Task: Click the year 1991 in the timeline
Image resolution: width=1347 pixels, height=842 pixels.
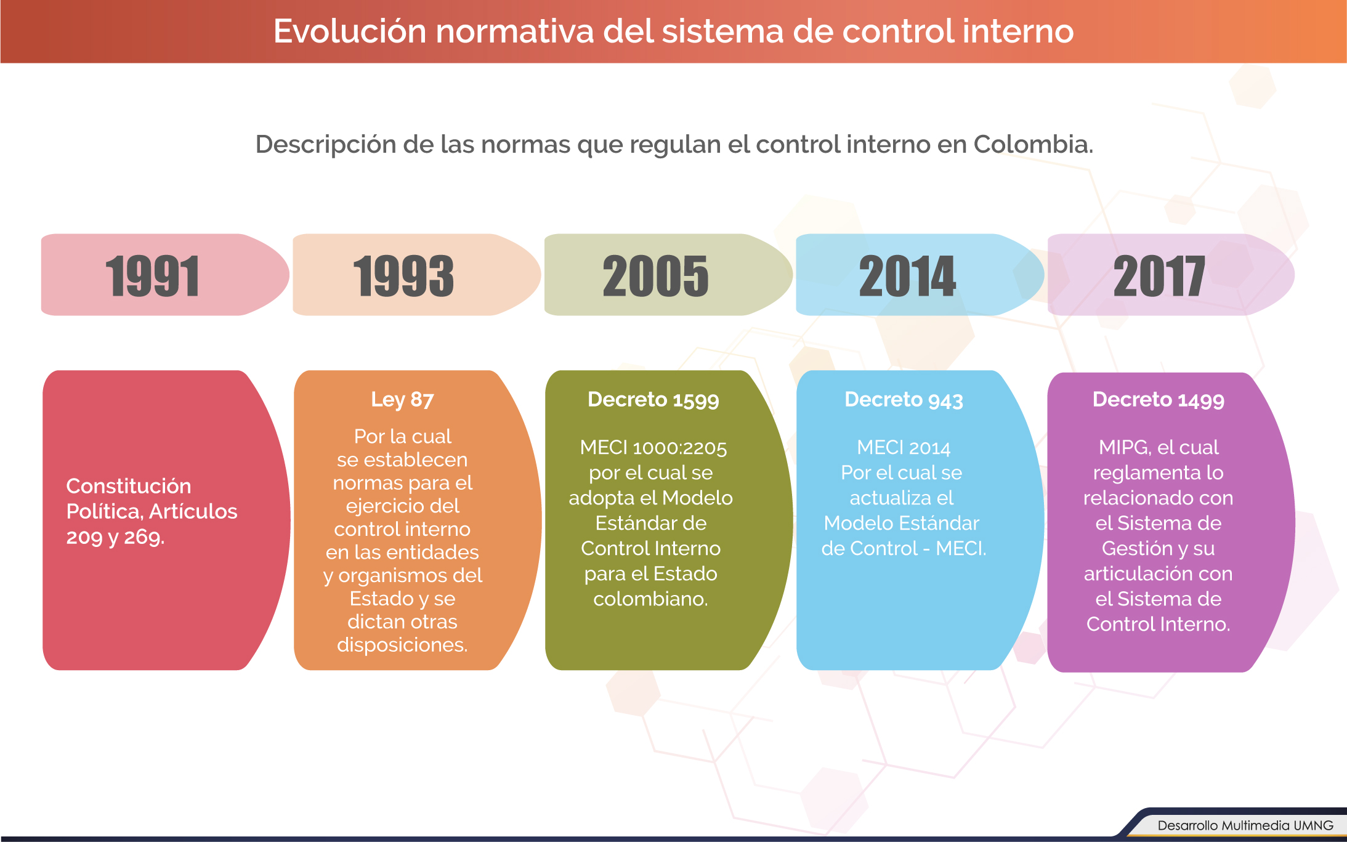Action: [x=152, y=276]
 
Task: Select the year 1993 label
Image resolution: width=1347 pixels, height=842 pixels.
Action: [x=403, y=276]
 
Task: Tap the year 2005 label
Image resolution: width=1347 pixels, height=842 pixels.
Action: [x=655, y=276]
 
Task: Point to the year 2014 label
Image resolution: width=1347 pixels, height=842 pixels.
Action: [x=907, y=276]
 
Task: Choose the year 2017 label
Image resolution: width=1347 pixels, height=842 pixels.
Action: [x=1159, y=276]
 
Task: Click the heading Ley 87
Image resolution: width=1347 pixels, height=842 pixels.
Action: [x=402, y=400]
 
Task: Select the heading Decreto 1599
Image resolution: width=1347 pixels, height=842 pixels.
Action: [x=653, y=400]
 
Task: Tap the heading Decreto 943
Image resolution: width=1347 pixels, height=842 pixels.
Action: [x=904, y=400]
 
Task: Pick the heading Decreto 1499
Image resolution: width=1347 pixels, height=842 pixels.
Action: [x=1159, y=400]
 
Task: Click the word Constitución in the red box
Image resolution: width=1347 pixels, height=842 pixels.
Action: [x=129, y=486]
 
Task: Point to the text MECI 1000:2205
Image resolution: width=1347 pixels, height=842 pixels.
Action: [x=653, y=448]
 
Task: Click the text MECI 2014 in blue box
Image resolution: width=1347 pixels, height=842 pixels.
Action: [x=904, y=448]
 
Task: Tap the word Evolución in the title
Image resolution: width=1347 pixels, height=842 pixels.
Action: [x=350, y=31]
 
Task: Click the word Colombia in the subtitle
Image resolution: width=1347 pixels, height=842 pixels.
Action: [x=1033, y=144]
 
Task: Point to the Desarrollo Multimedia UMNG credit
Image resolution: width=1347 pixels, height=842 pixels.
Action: [x=1245, y=825]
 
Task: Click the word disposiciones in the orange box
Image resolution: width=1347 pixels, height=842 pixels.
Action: [x=402, y=645]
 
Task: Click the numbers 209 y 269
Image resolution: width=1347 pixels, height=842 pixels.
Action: [x=115, y=537]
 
